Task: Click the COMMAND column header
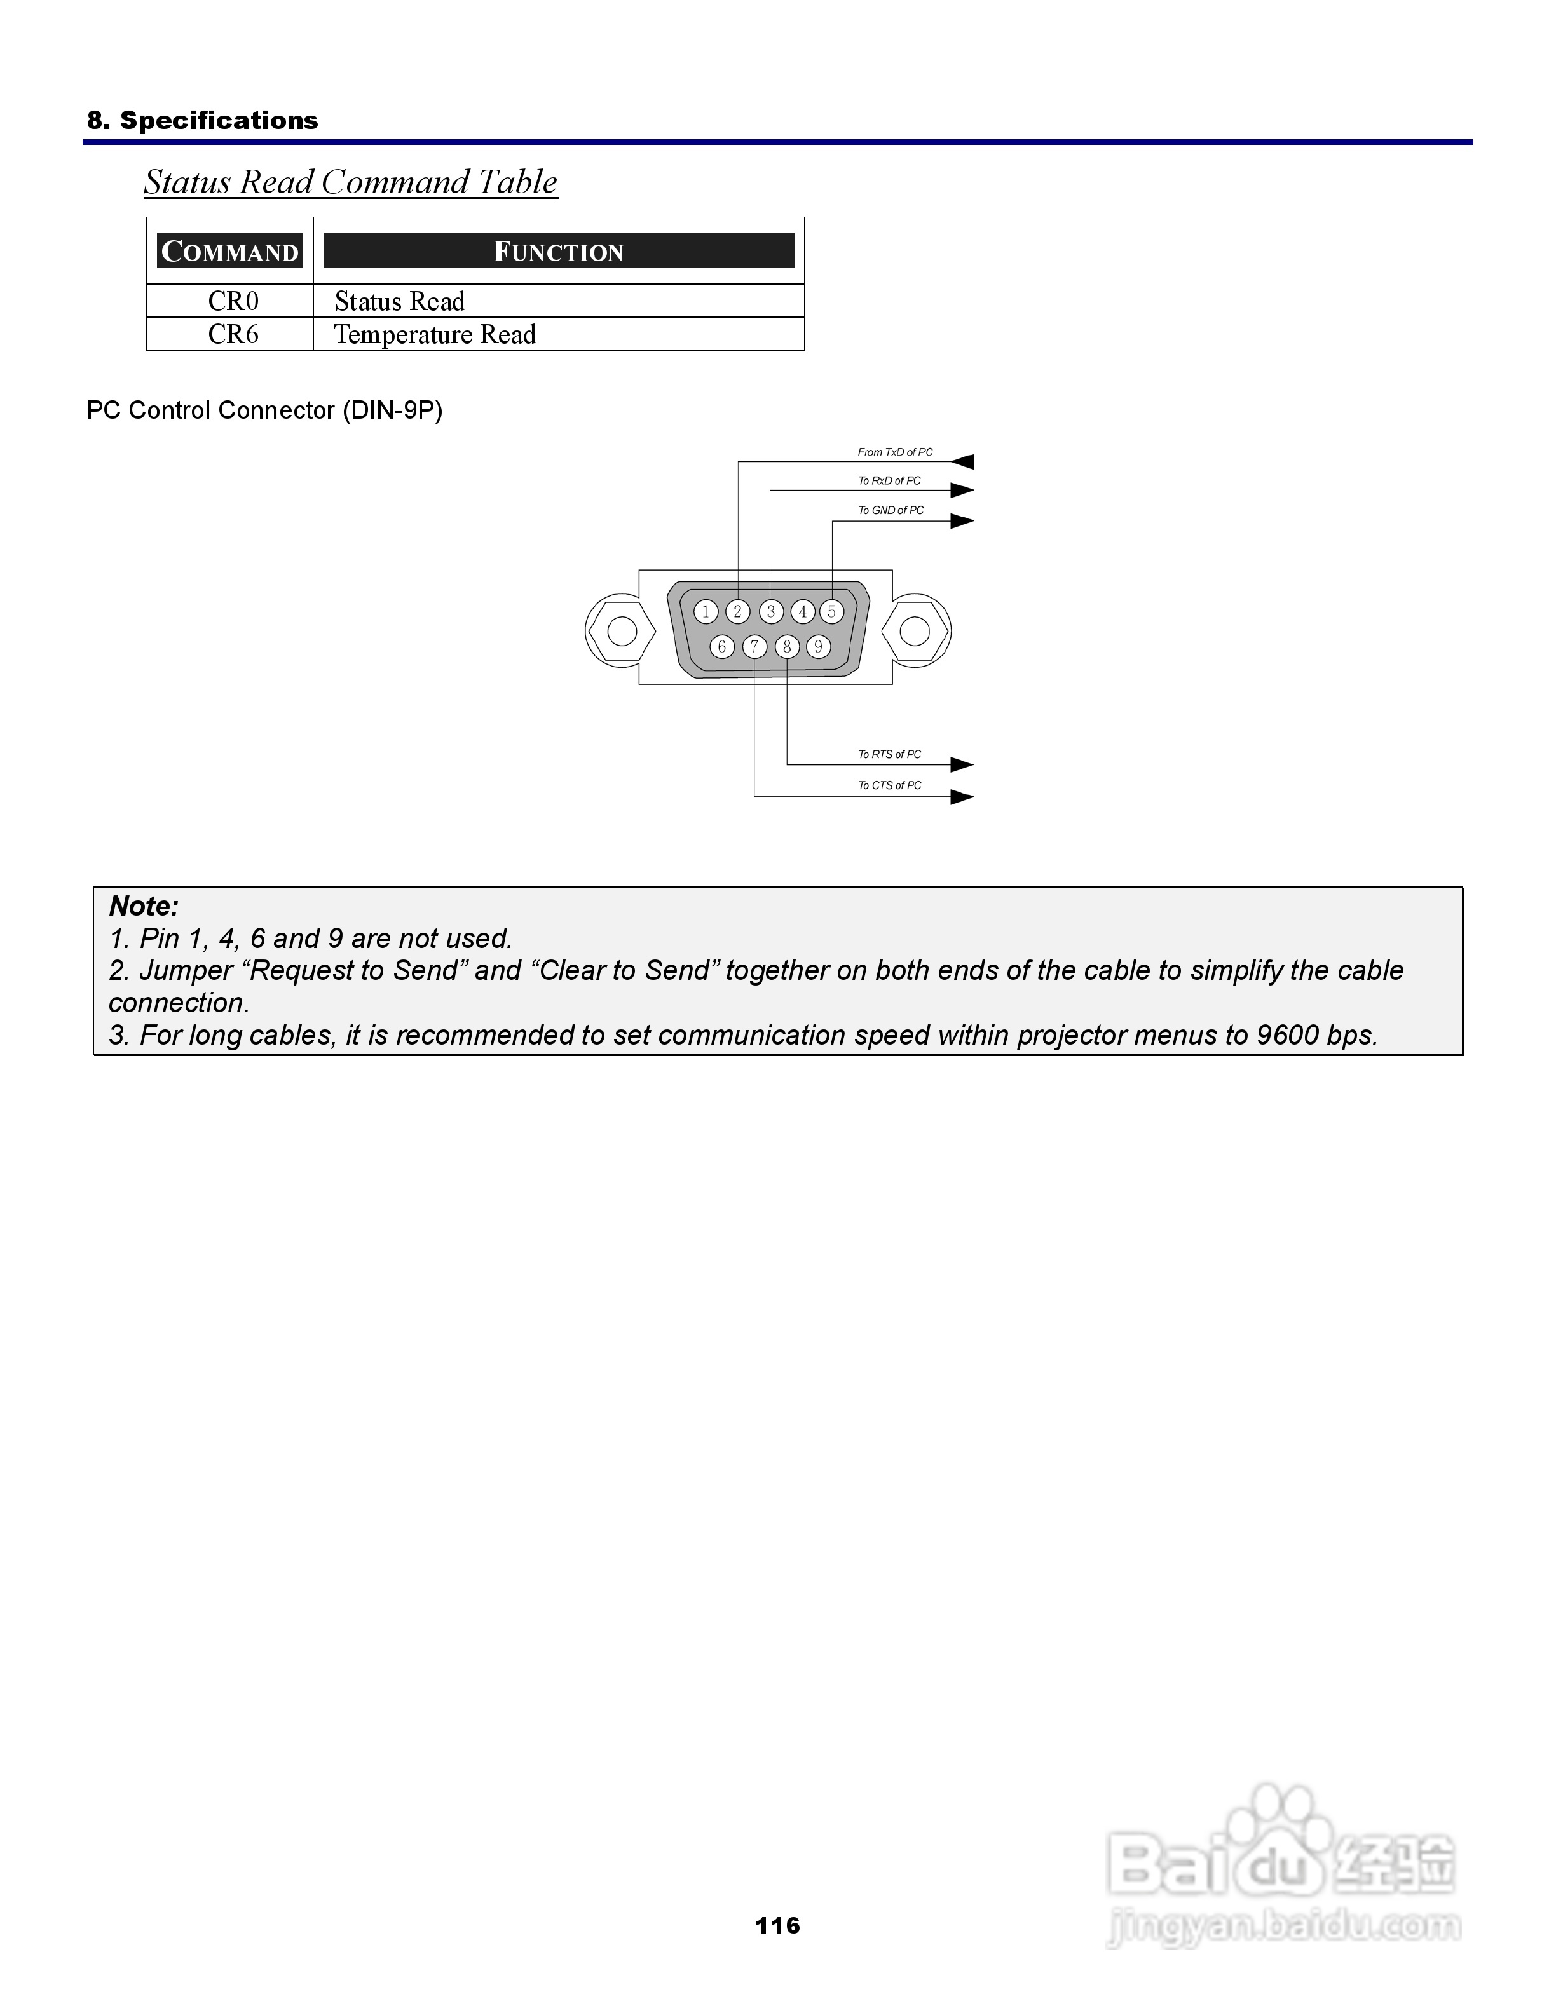(x=229, y=252)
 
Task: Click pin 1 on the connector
(x=706, y=611)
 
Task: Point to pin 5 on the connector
(x=831, y=611)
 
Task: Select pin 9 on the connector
(x=817, y=647)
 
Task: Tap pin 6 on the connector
(x=722, y=647)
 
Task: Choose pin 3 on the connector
(x=770, y=611)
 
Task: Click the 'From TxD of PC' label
(x=894, y=452)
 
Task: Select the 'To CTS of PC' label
(x=889, y=785)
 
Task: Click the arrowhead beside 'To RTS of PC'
(x=962, y=764)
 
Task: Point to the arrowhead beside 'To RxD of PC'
(x=962, y=491)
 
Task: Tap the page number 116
(x=777, y=1925)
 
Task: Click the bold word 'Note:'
(x=144, y=906)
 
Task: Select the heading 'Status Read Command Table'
(x=350, y=182)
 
